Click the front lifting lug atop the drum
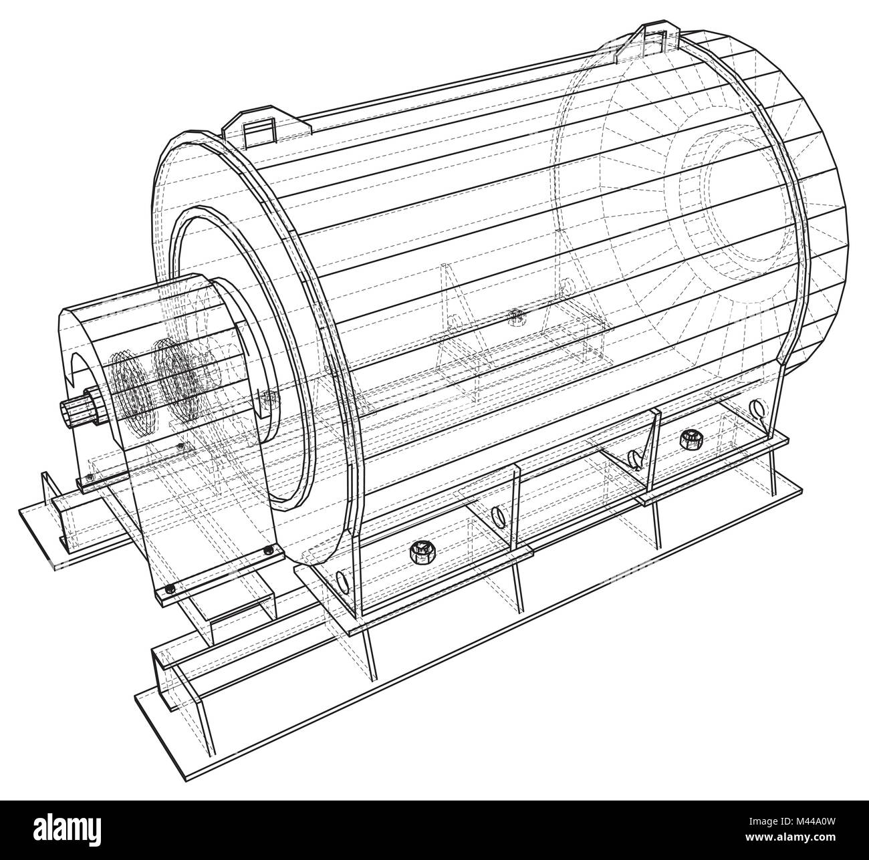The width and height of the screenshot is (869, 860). click(x=260, y=131)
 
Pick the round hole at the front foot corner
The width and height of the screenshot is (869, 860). click(x=343, y=581)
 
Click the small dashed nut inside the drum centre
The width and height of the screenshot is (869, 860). click(x=514, y=315)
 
